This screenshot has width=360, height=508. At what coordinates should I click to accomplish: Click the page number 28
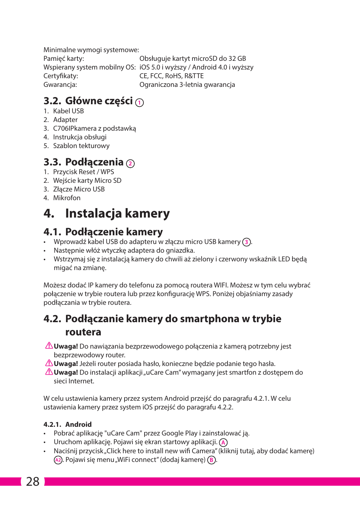pyautogui.click(x=33, y=482)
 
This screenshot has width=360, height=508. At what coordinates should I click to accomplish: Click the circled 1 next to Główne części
pyautogui.click(x=140, y=103)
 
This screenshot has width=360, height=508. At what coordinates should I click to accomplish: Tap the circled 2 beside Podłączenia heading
pyautogui.click(x=130, y=164)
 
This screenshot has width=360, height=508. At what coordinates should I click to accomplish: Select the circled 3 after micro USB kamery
pyautogui.click(x=246, y=242)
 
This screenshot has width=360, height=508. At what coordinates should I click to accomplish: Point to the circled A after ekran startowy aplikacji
pyautogui.click(x=223, y=443)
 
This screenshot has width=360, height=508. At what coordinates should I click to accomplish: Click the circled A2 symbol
pyautogui.click(x=58, y=460)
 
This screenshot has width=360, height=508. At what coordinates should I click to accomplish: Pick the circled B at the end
pyautogui.click(x=212, y=460)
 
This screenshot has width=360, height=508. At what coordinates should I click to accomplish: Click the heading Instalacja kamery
pyautogui.click(x=117, y=213)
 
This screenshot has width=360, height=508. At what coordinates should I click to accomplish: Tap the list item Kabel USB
pyautogui.click(x=68, y=111)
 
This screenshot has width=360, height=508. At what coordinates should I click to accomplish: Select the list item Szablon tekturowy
pyautogui.click(x=81, y=146)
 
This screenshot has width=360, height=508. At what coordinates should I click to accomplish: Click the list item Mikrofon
pyautogui.click(x=67, y=198)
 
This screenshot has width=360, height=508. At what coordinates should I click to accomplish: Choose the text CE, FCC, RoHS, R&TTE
pyautogui.click(x=171, y=76)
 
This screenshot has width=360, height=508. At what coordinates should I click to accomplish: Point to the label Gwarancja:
pyautogui.click(x=60, y=85)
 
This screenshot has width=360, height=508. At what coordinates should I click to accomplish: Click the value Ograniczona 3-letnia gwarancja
pyautogui.click(x=187, y=85)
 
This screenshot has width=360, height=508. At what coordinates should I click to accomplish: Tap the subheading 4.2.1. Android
pyautogui.click(x=68, y=425)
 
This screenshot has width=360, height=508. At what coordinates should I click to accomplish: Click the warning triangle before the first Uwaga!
pyautogui.click(x=49, y=346)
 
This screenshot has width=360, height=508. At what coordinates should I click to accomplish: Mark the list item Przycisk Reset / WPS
pyautogui.click(x=83, y=172)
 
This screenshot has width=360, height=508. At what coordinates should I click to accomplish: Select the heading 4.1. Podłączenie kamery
pyautogui.click(x=103, y=232)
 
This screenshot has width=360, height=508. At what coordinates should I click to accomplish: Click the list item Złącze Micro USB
pyautogui.click(x=79, y=189)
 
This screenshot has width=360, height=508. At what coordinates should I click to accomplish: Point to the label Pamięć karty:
pyautogui.click(x=64, y=59)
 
